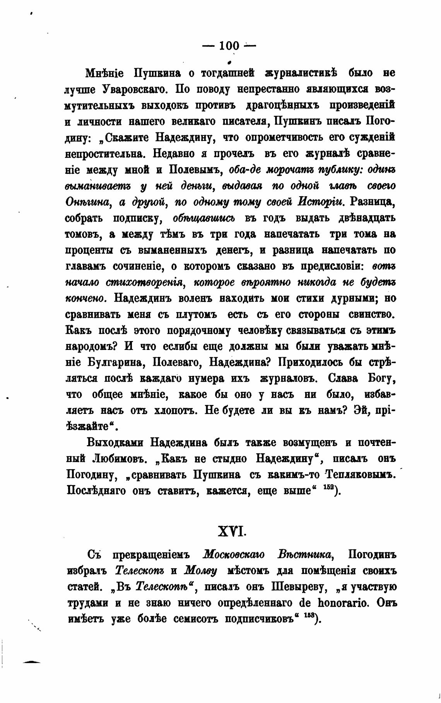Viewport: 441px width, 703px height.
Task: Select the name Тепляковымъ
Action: coord(361,475)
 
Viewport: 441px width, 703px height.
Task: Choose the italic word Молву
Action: coord(200,571)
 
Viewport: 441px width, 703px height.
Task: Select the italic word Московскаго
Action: coord(234,555)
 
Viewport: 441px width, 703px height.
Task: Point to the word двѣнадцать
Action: coord(361,218)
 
